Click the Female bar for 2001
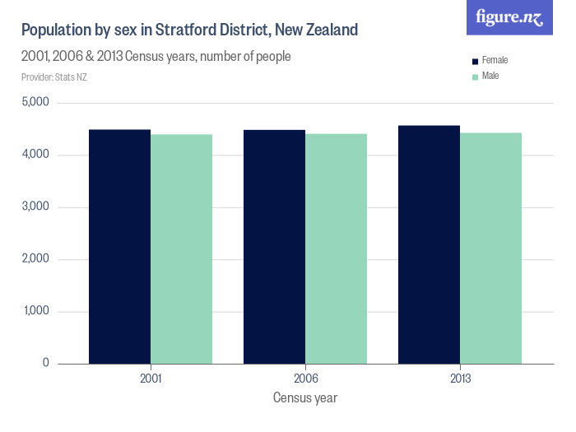(120, 246)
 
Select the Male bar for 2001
(182, 249)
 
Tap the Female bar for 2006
(274, 246)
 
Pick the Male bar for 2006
(336, 249)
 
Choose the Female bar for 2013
(429, 244)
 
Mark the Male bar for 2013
(490, 248)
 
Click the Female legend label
(495, 61)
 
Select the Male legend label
(490, 76)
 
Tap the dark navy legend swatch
(474, 61)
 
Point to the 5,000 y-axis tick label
(35, 103)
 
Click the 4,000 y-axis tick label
(35, 155)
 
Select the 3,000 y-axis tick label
(35, 207)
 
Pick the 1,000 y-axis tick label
(35, 311)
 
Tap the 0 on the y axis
(46, 363)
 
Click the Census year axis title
(304, 397)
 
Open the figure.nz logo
(509, 18)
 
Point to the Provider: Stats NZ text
(53, 77)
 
